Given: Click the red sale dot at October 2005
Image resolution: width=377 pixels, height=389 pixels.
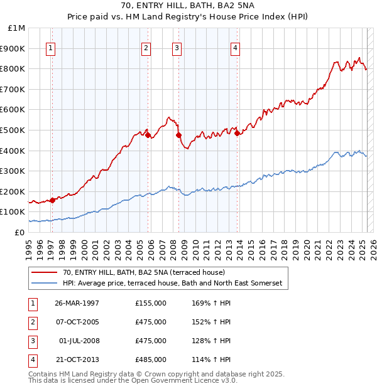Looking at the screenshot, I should (148, 135).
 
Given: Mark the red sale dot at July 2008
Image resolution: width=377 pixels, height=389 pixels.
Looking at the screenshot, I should (178, 135).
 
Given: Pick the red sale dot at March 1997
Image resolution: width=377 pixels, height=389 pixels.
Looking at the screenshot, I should (53, 200).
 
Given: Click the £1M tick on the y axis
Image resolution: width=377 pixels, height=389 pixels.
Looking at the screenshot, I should (17, 28).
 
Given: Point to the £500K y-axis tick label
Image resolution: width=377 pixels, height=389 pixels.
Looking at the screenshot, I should (14, 130).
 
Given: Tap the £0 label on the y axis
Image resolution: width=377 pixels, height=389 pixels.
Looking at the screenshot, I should (20, 232).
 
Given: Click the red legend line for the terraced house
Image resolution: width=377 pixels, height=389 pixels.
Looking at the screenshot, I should (45, 272).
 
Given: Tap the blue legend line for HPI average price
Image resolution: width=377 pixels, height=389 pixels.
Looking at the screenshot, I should (45, 283).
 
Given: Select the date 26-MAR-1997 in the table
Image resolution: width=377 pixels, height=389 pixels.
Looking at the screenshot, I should (77, 303).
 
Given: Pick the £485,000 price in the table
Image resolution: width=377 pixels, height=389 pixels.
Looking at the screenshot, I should (151, 360).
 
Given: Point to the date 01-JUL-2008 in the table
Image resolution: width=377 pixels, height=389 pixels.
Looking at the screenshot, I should (79, 341).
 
